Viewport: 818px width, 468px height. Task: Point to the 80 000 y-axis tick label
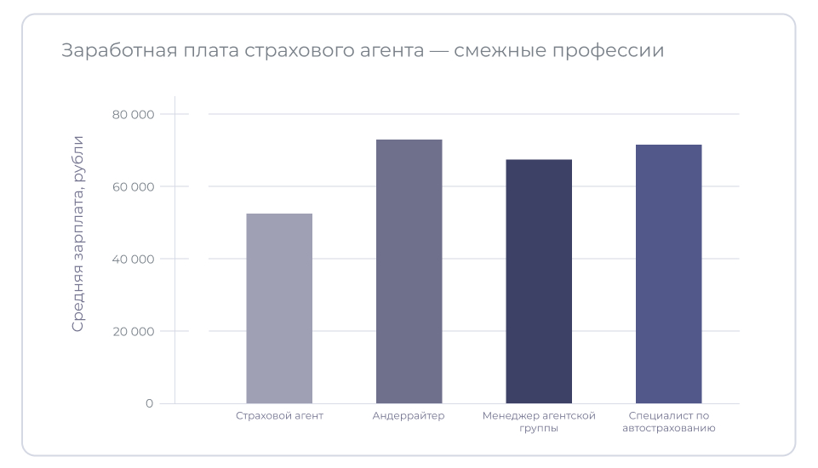coord(133,114)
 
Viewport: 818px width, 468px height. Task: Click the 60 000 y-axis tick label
coord(133,186)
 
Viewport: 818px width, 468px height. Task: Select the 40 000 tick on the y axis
coord(133,259)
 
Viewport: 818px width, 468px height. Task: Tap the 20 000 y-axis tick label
coord(133,331)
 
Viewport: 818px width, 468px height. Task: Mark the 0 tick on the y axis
coord(149,403)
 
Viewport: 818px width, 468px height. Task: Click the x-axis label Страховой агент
coord(279,416)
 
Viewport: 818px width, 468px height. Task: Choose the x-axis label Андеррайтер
coord(409,416)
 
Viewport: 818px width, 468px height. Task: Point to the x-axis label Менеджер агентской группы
coord(539,422)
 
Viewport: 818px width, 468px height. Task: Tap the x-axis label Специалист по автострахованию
coord(668,422)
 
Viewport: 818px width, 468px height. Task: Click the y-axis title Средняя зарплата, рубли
coord(77,233)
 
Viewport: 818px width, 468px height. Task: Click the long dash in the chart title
coord(439,51)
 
